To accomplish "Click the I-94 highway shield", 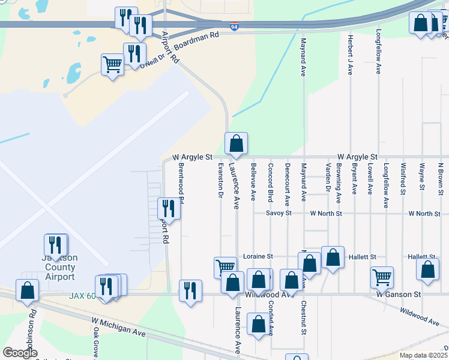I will (x=234, y=26).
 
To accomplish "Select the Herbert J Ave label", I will (x=350, y=55).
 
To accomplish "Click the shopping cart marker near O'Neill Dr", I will (x=112, y=65).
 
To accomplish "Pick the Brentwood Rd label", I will (x=181, y=184).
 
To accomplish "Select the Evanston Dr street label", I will (x=221, y=181).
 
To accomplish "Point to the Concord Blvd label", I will (x=271, y=182).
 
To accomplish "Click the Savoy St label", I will (x=279, y=213).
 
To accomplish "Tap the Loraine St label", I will (x=258, y=256).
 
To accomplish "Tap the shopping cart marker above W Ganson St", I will (x=382, y=277).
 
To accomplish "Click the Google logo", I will (x=20, y=353).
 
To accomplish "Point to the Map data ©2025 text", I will (x=423, y=355).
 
